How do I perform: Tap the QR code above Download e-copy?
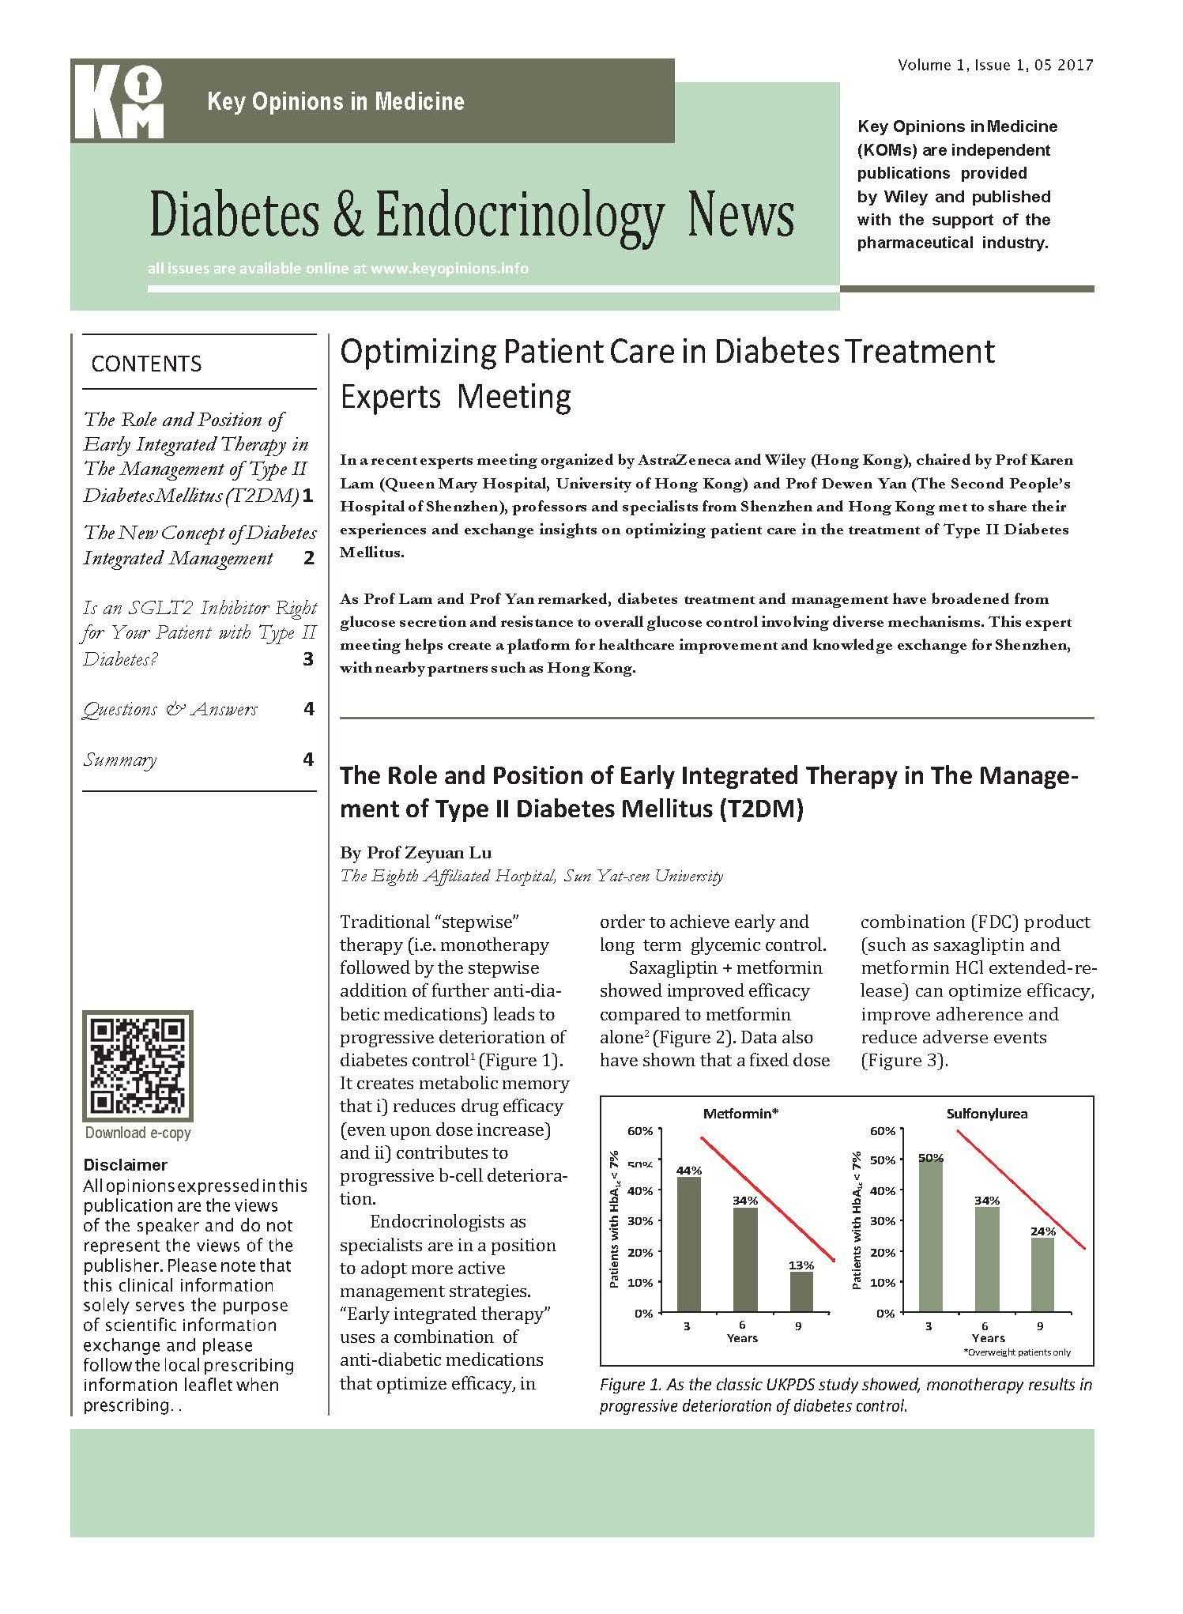click(138, 1065)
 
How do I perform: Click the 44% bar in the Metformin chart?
click(688, 1244)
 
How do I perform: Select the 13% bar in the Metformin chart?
click(801, 1292)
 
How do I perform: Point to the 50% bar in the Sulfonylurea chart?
click(930, 1235)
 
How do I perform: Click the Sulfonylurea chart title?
click(987, 1114)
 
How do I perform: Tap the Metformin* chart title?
click(741, 1114)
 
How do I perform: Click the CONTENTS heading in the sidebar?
click(146, 364)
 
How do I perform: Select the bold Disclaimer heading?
click(125, 1165)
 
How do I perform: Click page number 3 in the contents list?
click(308, 658)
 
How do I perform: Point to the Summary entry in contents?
click(120, 760)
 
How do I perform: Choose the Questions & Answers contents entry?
click(170, 709)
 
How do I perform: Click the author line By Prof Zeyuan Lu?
click(416, 852)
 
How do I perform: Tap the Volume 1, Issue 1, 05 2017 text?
click(995, 65)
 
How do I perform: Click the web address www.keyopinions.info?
click(449, 268)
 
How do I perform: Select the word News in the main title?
click(740, 215)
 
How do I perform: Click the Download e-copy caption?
click(138, 1133)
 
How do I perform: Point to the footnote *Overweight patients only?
click(1016, 1352)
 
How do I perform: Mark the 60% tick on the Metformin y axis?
click(641, 1131)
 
